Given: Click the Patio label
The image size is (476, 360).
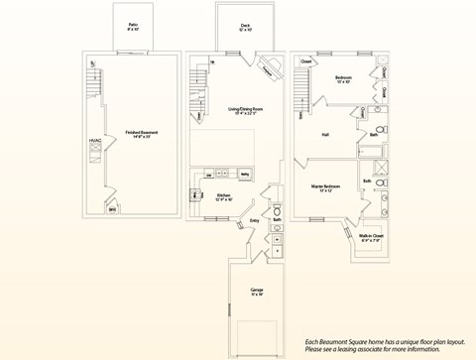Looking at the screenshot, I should point(133,27).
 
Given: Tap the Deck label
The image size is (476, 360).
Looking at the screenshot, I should point(245,27).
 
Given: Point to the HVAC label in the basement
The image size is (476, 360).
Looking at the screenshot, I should point(94,142).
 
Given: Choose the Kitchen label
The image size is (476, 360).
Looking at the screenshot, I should point(224,197).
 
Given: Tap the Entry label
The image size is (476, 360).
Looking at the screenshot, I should point(255,221).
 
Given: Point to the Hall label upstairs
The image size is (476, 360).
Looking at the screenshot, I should point(325,134).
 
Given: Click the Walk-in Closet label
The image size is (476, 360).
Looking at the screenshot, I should point(370,237).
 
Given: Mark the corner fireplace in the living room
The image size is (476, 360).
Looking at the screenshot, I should point(268,70).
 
